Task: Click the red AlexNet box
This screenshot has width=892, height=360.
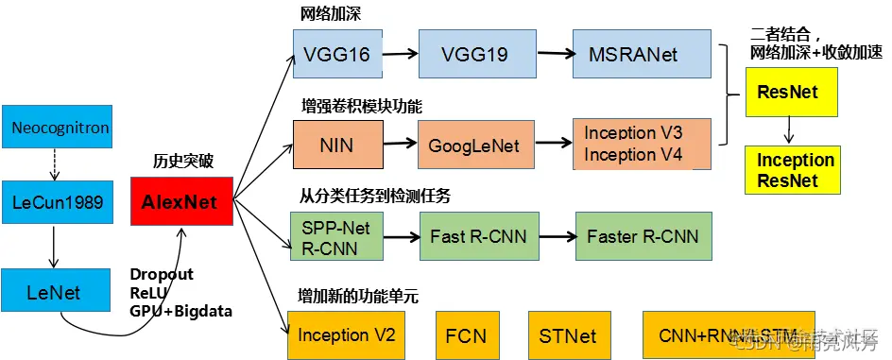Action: [x=180, y=201]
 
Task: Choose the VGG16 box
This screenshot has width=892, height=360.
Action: [x=337, y=54]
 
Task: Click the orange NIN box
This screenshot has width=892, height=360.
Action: [x=337, y=146]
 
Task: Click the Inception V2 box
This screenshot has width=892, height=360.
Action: [x=346, y=334]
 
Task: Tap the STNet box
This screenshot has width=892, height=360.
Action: [x=562, y=334]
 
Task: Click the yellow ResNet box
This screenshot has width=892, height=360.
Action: [x=788, y=93]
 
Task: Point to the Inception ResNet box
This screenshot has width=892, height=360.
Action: [x=795, y=170]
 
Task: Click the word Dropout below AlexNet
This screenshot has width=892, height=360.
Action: [x=162, y=275]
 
